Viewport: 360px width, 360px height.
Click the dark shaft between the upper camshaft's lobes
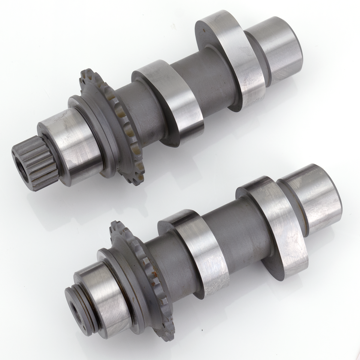(x=204, y=77)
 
